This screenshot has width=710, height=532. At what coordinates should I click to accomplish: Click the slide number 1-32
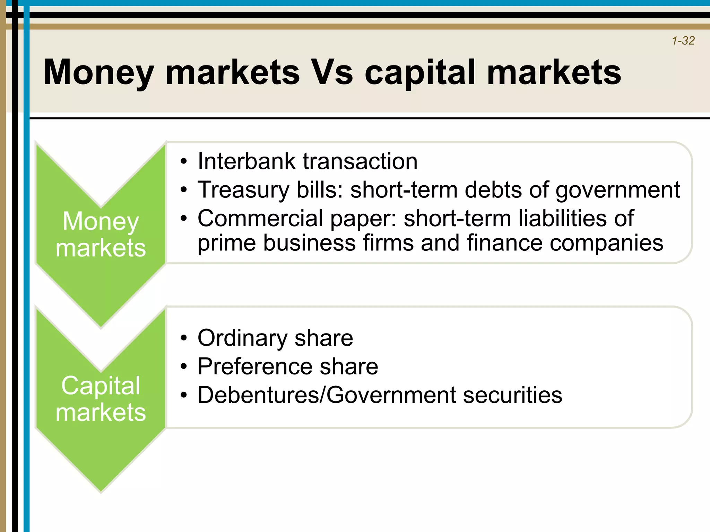[x=683, y=41]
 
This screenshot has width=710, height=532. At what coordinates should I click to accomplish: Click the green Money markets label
[x=101, y=234]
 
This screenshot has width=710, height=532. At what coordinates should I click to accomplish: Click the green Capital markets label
[x=101, y=399]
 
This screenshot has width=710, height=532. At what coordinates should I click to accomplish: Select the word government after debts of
[x=618, y=190]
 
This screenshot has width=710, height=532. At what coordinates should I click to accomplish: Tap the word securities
[x=512, y=395]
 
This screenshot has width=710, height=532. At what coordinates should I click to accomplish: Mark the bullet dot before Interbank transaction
[x=184, y=162]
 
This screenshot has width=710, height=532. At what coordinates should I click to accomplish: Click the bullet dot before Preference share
[x=184, y=367]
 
